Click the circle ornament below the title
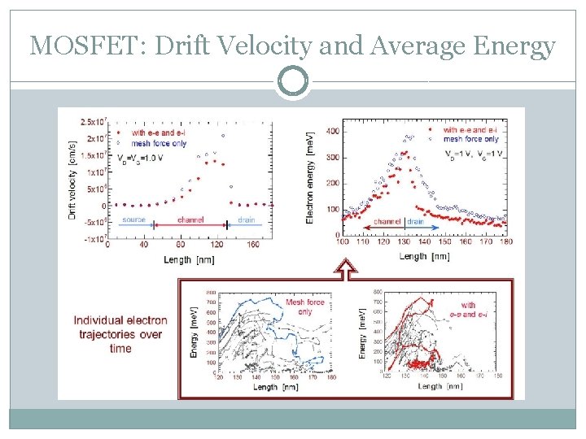pyautogui.click(x=293, y=82)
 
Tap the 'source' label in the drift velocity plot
pyautogui.click(x=134, y=219)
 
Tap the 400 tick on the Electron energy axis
pyautogui.click(x=332, y=131)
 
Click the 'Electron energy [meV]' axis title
pyautogui.click(x=309, y=178)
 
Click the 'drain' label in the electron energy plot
pyautogui.click(x=415, y=221)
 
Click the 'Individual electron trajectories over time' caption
pyautogui.click(x=119, y=334)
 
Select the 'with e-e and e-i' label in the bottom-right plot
pyautogui.click(x=468, y=310)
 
